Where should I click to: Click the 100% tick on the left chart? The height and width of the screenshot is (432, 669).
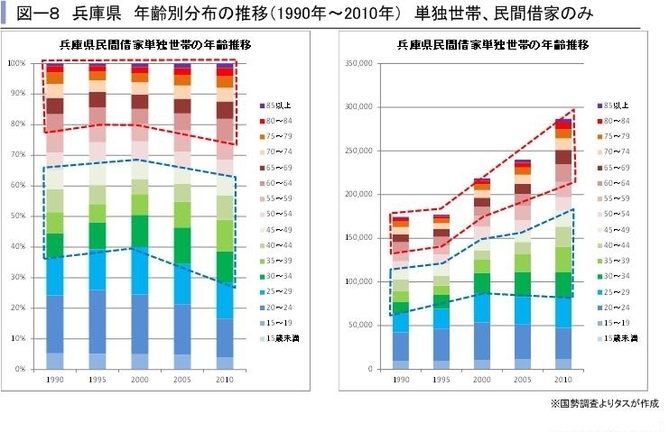(x=16, y=63)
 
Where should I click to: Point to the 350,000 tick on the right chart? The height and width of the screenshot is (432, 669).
(x=358, y=63)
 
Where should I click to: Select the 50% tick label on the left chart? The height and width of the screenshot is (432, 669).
(x=18, y=216)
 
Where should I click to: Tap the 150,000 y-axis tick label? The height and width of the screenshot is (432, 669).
(x=358, y=238)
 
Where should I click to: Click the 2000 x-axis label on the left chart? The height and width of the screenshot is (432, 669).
(x=140, y=380)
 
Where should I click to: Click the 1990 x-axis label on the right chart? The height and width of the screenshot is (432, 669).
(x=397, y=380)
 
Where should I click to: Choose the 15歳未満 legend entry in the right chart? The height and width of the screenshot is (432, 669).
(x=620, y=337)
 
